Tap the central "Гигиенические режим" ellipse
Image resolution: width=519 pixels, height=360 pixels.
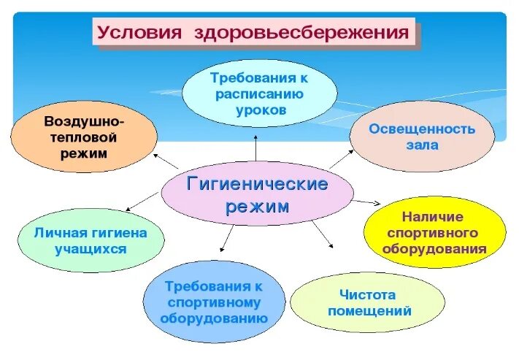tap(256, 194)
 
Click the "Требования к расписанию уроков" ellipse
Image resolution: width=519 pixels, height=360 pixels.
tap(258, 93)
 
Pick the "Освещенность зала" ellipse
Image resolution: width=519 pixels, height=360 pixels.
tap(422, 137)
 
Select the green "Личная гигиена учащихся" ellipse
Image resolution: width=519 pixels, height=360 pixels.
tap(91, 240)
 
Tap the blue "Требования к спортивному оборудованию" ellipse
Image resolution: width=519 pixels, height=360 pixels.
tap(214, 302)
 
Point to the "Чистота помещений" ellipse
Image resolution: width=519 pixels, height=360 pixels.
tap(367, 303)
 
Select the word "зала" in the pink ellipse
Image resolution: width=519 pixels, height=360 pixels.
tap(422, 145)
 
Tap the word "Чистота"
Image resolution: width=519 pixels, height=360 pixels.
tap(367, 295)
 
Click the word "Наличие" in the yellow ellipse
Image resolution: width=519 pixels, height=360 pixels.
tap(432, 217)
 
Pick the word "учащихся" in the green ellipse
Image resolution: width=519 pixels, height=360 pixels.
tap(91, 248)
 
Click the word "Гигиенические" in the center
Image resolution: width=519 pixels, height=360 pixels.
tap(258, 183)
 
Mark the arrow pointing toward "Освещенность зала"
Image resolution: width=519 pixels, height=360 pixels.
tap(340, 159)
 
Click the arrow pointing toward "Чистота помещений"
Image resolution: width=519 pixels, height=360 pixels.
tap(322, 235)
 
